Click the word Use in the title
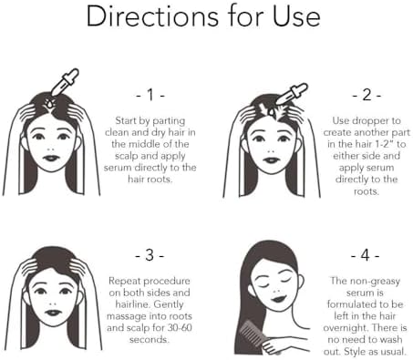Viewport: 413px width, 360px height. (296, 15)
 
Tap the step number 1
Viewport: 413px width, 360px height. (150, 95)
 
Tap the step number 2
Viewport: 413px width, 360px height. (367, 95)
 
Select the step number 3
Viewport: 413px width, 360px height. (150, 255)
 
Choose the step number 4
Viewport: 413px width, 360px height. (366, 255)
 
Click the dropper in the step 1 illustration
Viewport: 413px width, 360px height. (65, 82)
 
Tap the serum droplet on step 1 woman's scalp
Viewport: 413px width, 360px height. (49, 103)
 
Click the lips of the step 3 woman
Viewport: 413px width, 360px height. (53, 313)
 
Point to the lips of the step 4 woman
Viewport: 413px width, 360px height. (278, 298)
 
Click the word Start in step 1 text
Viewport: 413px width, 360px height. (126, 120)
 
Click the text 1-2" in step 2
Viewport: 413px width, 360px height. (385, 144)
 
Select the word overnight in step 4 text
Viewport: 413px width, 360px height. (345, 328)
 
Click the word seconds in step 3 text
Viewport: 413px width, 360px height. (149, 339)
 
